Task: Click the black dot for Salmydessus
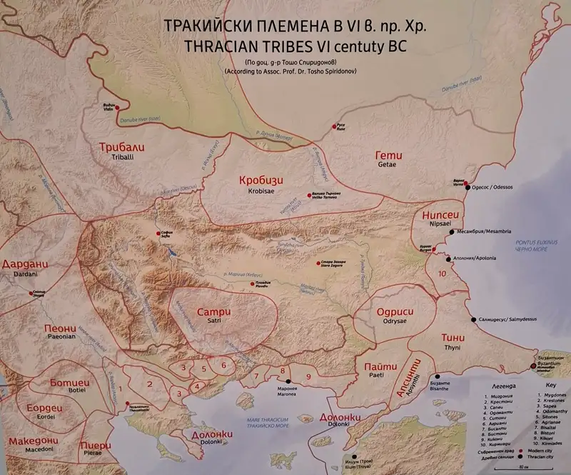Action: pyautogui.click(x=472, y=320)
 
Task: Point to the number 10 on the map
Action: pyautogui.click(x=443, y=273)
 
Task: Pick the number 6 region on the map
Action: pyautogui.click(x=223, y=365)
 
